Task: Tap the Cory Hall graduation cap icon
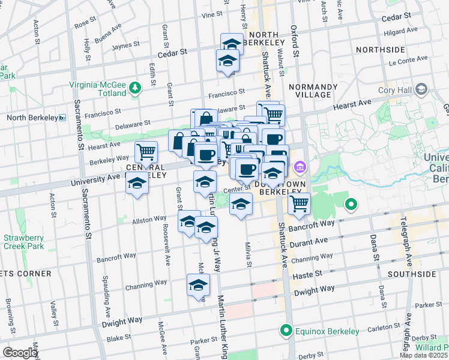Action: pos(421,90)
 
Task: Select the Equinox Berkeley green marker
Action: pos(286,331)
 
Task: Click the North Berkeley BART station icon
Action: pos(62,118)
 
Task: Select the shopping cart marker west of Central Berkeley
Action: pos(146,152)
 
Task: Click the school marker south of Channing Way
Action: pos(198,286)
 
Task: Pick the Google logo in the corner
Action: pos(20,353)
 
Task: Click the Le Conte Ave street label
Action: pos(408,59)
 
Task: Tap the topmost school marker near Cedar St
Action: pos(232,43)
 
